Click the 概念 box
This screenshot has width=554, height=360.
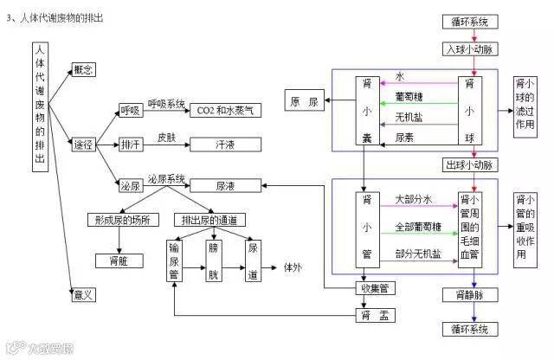84,68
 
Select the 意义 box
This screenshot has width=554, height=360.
84,294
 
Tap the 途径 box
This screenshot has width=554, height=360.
84,144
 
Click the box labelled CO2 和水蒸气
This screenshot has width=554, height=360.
226,111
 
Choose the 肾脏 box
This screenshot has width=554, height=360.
119,259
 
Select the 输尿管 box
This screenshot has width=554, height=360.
175,259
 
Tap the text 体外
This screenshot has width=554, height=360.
293,268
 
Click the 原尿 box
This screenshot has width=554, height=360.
306,102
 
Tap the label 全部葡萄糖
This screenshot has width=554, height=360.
418,227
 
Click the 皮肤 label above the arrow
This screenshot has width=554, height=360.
167,137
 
